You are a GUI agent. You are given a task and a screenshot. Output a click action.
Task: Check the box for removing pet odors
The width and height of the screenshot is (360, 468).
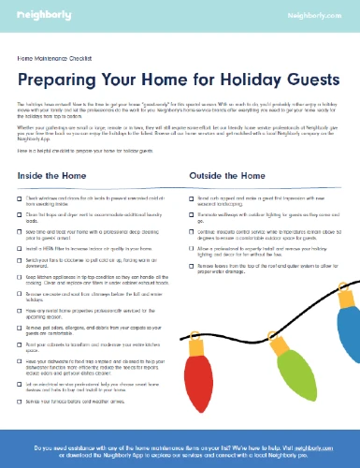coord(22,330)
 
